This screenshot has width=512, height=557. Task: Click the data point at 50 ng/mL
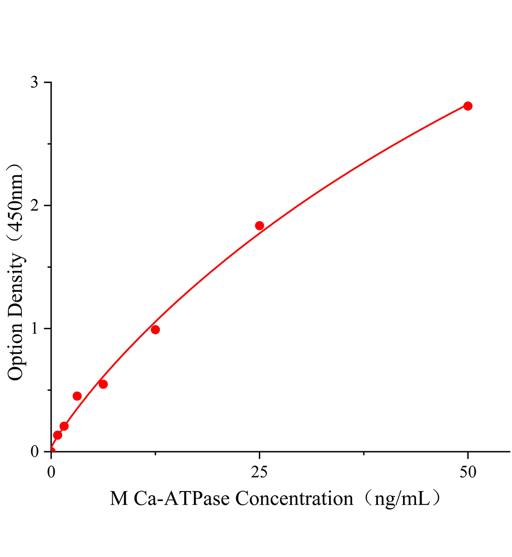(467, 106)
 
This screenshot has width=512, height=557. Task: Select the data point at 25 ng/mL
(259, 226)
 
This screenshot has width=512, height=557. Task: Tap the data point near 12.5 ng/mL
(155, 330)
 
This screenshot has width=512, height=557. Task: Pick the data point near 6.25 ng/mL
(103, 384)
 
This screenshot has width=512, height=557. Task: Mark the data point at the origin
(51, 451)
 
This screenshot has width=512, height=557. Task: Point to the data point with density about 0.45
(77, 396)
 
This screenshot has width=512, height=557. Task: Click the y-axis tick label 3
(34, 83)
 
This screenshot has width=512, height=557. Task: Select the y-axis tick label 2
(34, 206)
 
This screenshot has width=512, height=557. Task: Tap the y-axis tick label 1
(34, 329)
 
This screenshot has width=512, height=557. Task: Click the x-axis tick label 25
(259, 472)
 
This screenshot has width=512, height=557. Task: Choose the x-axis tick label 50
(467, 472)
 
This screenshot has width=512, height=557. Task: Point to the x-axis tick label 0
(51, 472)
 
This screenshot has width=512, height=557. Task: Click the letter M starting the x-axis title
(119, 499)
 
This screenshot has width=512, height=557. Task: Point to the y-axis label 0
(34, 452)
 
